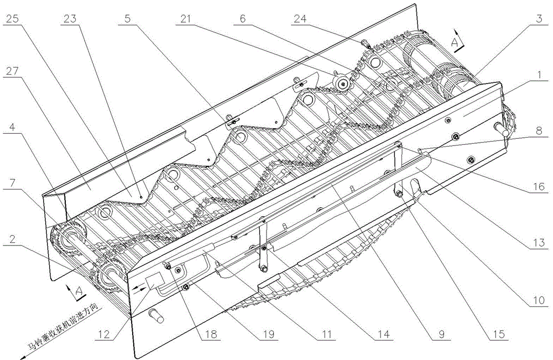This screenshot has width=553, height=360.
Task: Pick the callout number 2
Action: pos(13,239)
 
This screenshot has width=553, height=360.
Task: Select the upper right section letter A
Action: pos(453,41)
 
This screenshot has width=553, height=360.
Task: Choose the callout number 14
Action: pos(382,334)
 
